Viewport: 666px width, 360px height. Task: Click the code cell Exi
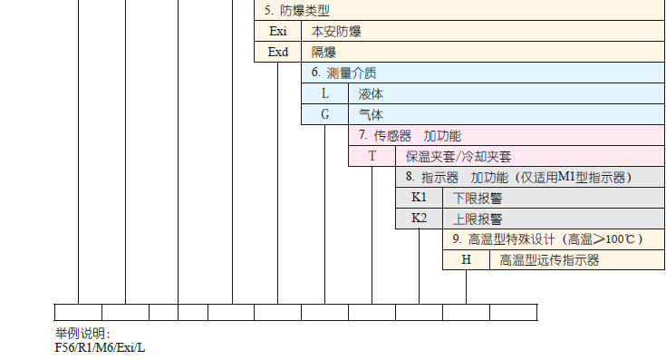[278, 31]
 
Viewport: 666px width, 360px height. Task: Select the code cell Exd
[278, 52]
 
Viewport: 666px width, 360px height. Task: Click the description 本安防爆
[335, 31]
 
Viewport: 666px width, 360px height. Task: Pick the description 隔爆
[323, 52]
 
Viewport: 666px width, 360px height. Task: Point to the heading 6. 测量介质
[343, 73]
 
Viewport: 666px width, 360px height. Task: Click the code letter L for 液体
[324, 93]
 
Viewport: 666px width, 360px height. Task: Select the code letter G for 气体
[324, 114]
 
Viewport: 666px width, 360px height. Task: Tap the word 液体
[371, 93]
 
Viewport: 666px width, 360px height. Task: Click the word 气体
[371, 114]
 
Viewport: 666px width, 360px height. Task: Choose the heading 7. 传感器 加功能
[410, 135]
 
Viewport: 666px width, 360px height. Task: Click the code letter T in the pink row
[372, 156]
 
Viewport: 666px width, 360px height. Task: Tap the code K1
[419, 198]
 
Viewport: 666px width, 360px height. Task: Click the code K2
[419, 219]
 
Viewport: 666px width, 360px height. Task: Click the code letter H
[467, 259]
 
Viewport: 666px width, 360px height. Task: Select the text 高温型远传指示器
[549, 259]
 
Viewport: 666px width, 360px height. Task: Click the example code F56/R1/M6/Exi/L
[100, 347]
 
